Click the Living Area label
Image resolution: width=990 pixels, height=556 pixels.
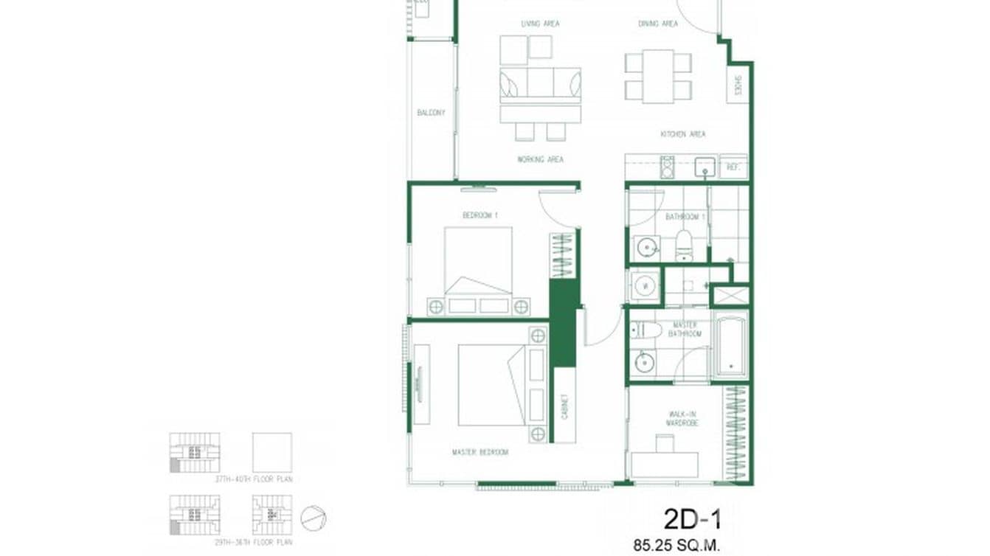coord(540,24)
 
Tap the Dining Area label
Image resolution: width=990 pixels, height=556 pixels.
coord(658,24)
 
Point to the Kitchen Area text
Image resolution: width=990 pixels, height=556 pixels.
coord(682,134)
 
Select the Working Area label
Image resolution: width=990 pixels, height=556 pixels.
coord(540,159)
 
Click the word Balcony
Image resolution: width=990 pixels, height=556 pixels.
coord(431,113)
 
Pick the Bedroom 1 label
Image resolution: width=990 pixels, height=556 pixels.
coord(480,215)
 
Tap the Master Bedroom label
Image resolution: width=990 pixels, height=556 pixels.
coord(480,452)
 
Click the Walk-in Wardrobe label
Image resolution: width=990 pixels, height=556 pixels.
coord(682,420)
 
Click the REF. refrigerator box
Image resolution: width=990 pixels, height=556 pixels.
coord(733,167)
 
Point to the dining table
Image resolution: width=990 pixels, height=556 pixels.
coord(658,76)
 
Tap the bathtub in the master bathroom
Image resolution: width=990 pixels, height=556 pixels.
coord(730,345)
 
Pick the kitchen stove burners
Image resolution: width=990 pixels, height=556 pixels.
coord(667,167)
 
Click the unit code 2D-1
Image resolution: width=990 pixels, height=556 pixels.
coord(692,519)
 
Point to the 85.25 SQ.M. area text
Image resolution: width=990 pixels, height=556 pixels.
coord(676,546)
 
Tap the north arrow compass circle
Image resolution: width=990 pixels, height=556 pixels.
coord(314,518)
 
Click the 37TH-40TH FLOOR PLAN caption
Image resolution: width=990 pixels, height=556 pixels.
coord(253,479)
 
